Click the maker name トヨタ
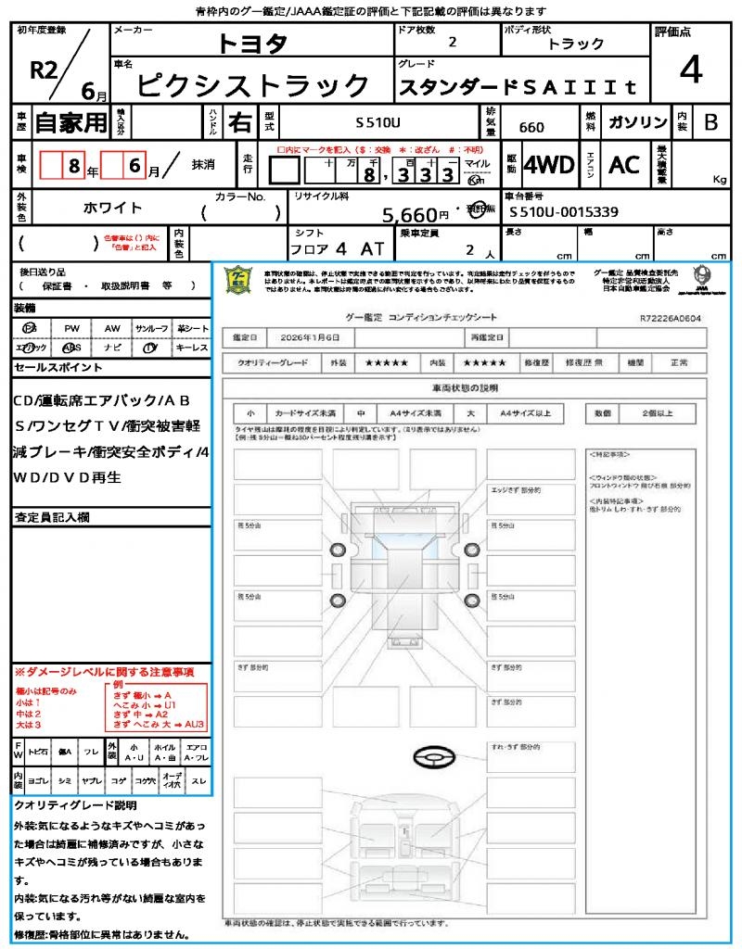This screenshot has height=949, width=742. (252, 44)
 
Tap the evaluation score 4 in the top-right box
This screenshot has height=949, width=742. (690, 70)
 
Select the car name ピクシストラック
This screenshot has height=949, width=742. (252, 86)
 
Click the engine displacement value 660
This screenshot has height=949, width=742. (531, 127)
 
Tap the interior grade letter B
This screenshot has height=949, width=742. (710, 122)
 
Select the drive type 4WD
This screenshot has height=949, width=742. (549, 165)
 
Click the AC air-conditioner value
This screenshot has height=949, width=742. (624, 165)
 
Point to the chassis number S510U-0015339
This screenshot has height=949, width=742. (564, 212)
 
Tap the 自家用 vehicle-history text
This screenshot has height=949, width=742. (70, 122)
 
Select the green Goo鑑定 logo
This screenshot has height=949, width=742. (239, 280)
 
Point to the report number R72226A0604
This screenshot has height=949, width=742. (670, 318)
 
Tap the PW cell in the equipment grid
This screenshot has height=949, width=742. (71, 328)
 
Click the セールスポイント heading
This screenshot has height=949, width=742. (58, 368)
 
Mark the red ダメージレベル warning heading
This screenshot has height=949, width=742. (103, 671)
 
